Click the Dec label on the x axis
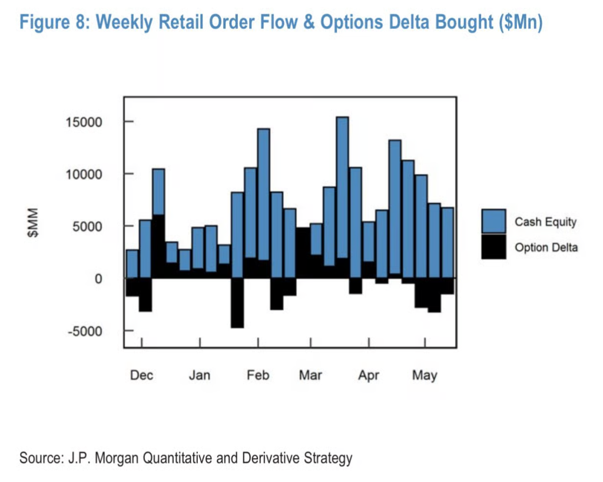[142, 375]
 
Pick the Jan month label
[200, 375]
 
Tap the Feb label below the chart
[257, 375]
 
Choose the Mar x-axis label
[310, 375]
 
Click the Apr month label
[369, 375]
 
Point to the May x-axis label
[424, 375]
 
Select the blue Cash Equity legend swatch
[493, 222]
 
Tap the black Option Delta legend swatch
[493, 247]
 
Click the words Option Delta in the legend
[546, 247]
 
